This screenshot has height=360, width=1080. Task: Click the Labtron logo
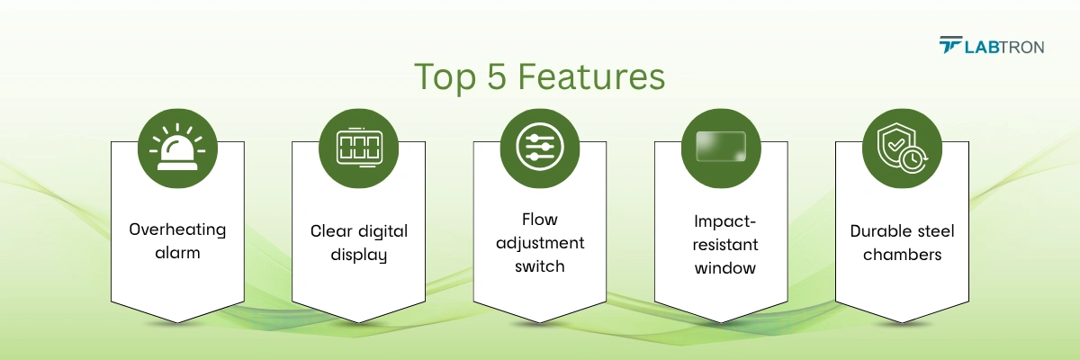tap(991, 45)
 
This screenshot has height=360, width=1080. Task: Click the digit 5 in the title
tap(497, 76)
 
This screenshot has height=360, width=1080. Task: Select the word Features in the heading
tap(591, 76)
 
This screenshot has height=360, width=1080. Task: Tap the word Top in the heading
tap(445, 77)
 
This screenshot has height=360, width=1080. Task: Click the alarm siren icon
tap(177, 148)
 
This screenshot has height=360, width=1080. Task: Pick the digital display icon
tap(359, 148)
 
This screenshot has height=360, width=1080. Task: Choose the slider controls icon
tap(539, 147)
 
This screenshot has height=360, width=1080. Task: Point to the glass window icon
tap(721, 147)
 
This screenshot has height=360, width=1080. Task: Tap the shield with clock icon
tap(902, 148)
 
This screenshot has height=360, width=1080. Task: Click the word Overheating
tap(177, 229)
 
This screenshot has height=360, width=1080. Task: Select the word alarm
tap(177, 253)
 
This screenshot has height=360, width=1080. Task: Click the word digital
tap(382, 232)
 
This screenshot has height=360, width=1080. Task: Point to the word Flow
tap(539, 220)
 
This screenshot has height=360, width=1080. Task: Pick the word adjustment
tap(540, 243)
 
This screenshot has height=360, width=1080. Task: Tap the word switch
tap(539, 266)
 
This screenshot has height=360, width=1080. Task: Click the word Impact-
tap(724, 221)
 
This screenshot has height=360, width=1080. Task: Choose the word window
tap(724, 268)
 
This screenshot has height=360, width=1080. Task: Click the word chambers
tap(902, 255)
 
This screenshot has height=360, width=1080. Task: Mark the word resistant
tap(725, 245)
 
